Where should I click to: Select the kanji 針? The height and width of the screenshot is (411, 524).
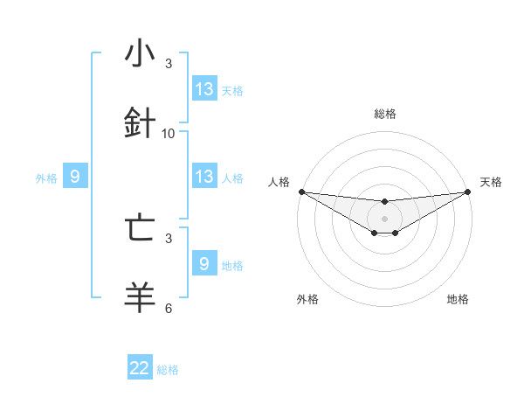140,122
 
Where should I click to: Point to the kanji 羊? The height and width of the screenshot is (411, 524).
140,296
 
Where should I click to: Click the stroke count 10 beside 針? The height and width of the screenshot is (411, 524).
169,134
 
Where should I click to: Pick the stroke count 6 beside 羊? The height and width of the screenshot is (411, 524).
169,309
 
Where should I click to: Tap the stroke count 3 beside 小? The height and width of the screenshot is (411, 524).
169,65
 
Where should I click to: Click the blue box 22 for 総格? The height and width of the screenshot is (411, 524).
140,369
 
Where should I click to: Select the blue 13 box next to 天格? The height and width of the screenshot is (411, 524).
204,89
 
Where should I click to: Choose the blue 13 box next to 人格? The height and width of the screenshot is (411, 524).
204,177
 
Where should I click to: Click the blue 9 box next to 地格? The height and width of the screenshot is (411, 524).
204,263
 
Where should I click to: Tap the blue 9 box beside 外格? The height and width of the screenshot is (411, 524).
75,178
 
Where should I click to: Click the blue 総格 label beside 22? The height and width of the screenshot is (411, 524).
168,370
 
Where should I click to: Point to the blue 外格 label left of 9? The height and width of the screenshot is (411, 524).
46,178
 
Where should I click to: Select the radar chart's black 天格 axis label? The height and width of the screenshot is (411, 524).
492,182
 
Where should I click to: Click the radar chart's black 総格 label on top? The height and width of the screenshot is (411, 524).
385,114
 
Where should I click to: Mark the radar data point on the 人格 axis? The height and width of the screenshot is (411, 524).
301,192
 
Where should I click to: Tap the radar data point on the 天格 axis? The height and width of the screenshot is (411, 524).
468,192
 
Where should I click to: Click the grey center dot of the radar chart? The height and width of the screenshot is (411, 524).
385,219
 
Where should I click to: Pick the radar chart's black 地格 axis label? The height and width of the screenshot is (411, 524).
458,299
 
